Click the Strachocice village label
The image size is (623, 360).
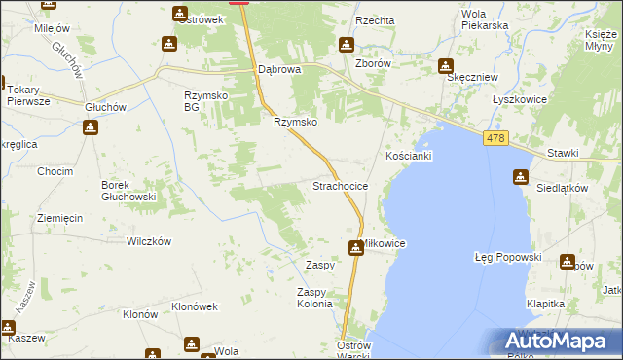coord(339,185)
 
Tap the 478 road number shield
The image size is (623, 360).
coord(494,140)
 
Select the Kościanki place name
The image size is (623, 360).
coord(408,156)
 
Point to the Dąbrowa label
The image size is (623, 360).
coord(279,70)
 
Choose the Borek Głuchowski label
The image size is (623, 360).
coord(128,191)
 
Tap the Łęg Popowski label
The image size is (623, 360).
coord(506,257)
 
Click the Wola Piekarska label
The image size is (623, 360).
coord(485,19)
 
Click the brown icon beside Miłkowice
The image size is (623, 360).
coord(357,247)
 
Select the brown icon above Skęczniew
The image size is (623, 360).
coord(445,66)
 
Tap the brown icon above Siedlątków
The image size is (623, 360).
coord(519,176)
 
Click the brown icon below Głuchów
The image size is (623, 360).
coord(90,127)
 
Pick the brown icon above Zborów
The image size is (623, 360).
coord(346,45)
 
